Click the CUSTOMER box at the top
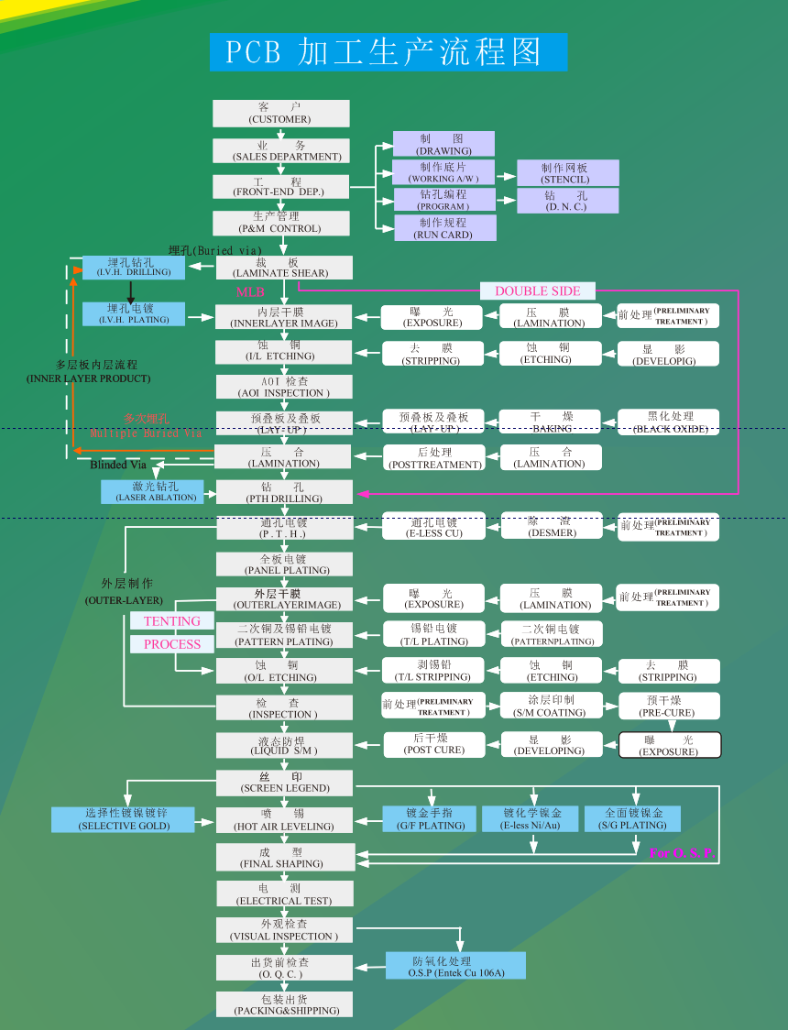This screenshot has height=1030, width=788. [x=280, y=114]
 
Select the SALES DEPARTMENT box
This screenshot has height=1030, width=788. [x=280, y=150]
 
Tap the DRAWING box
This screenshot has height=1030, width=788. [x=443, y=144]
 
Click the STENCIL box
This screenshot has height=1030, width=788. [x=567, y=173]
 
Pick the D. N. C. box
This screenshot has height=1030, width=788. [x=567, y=201]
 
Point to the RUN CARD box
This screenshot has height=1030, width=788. [x=444, y=228]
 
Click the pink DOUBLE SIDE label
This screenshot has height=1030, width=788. [x=538, y=291]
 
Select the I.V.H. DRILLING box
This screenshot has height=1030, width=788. [x=134, y=267]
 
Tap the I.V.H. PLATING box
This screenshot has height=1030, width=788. [x=134, y=313]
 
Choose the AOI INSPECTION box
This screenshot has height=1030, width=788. [x=283, y=387]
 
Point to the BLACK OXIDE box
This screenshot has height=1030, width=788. [x=669, y=422]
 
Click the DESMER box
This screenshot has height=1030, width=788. [x=552, y=526]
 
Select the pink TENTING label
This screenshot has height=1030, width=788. [x=171, y=621]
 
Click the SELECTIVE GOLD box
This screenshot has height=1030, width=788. [x=124, y=819]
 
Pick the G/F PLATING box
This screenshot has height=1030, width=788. [x=430, y=819]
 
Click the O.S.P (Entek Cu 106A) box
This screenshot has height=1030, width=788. [x=455, y=966]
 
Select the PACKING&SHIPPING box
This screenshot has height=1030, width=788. [x=284, y=1004]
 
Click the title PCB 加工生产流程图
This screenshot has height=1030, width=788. [x=389, y=52]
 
